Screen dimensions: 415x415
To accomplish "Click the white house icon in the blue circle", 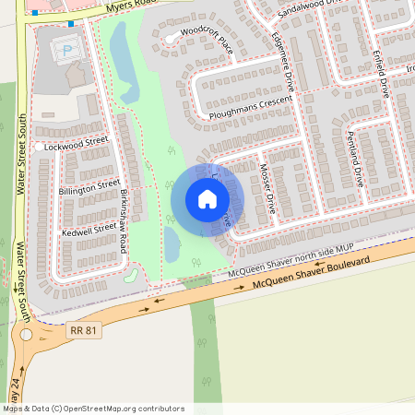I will click(x=207, y=198).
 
